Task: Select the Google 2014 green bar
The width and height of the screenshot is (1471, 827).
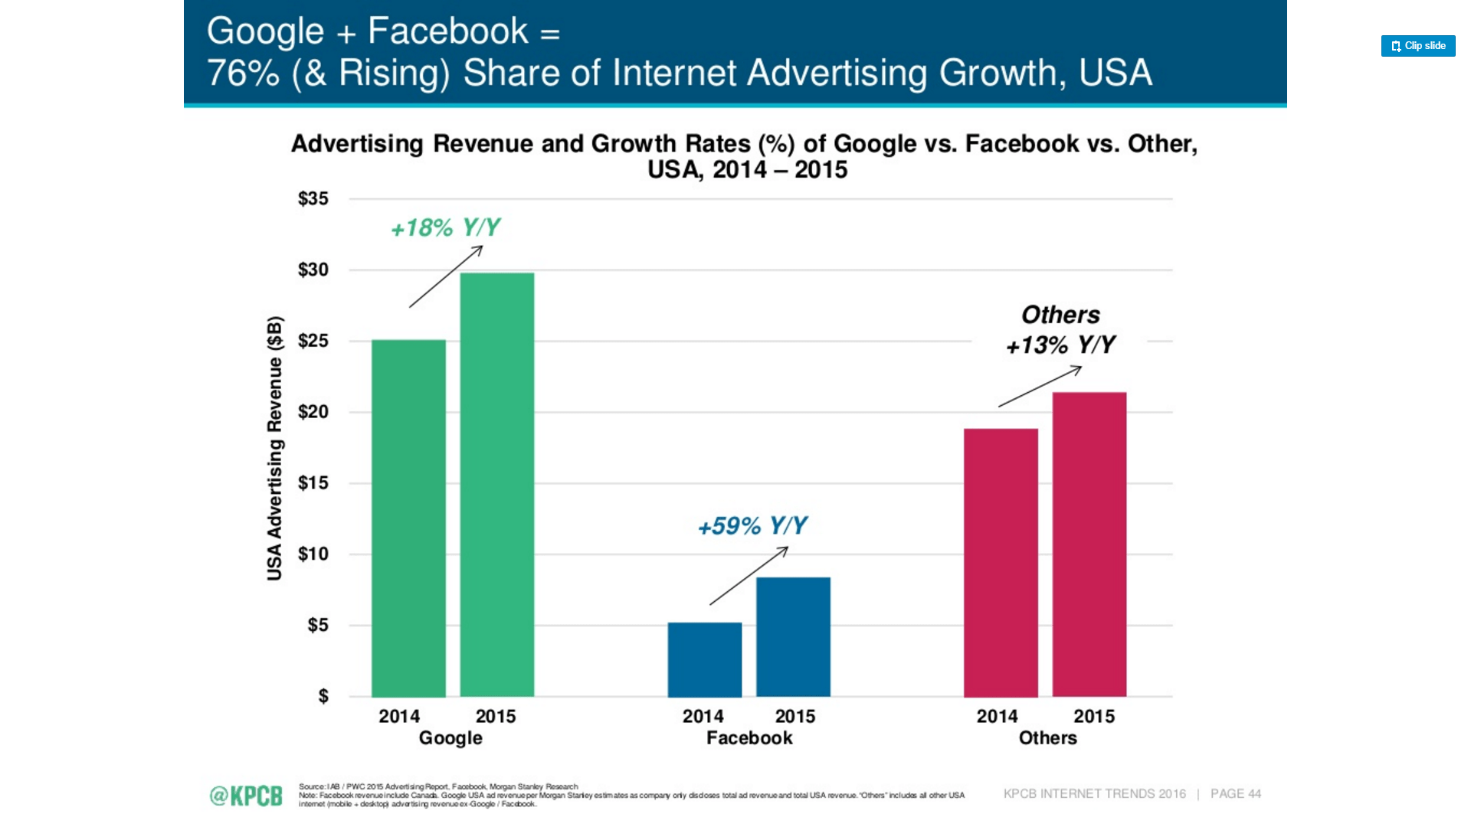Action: (x=408, y=518)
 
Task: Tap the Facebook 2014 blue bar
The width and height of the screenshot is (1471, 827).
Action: (x=704, y=659)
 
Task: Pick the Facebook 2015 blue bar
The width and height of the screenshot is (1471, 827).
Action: (x=793, y=636)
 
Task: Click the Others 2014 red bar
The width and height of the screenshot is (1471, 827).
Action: (x=1001, y=562)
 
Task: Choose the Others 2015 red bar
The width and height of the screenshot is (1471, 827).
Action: (x=1089, y=544)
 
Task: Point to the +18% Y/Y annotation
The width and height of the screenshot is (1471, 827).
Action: (x=445, y=227)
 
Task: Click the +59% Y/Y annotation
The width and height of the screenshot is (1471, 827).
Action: (x=752, y=526)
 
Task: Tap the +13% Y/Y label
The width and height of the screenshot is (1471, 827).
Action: (x=1060, y=345)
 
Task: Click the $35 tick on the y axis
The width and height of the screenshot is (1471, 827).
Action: (x=313, y=199)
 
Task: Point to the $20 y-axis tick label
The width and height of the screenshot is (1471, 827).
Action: (x=313, y=412)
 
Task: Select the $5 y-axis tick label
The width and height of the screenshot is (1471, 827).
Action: (x=317, y=626)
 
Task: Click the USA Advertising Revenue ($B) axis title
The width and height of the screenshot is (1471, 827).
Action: (x=274, y=448)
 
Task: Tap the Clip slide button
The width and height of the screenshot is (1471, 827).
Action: (x=1417, y=46)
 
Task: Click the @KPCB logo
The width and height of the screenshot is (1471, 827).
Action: (x=246, y=796)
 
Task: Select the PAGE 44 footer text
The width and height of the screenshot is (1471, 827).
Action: (x=1235, y=794)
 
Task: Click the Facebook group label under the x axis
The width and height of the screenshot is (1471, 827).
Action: (x=749, y=738)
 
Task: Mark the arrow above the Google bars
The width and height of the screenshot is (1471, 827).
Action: (x=446, y=276)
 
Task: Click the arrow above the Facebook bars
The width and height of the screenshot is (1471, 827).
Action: (x=749, y=576)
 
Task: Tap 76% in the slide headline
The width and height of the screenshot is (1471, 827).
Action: (x=243, y=74)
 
